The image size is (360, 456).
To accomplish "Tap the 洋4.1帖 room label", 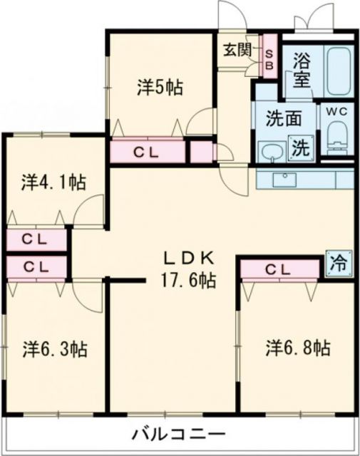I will (x=53, y=182).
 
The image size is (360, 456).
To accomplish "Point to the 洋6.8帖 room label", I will (x=297, y=348).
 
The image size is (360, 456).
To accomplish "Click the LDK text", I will (x=187, y=258).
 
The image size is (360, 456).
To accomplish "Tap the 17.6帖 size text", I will (x=187, y=280).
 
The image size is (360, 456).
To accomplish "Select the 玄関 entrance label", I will (x=235, y=49).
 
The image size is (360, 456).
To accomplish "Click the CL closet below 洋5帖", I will (x=148, y=152).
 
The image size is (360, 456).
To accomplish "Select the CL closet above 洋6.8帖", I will (x=279, y=269).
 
